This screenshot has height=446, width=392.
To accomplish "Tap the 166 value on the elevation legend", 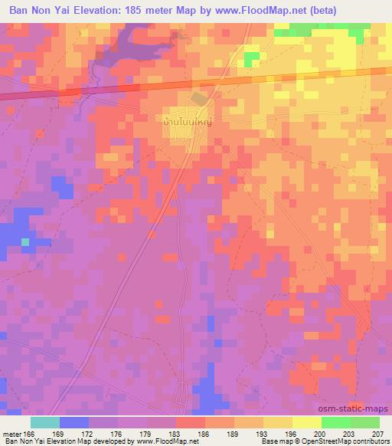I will tap(31, 434).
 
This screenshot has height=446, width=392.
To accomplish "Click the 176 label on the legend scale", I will tap(118, 434).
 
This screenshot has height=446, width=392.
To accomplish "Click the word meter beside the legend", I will tap(11, 434).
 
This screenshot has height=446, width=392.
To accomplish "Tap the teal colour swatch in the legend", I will tap(44, 422).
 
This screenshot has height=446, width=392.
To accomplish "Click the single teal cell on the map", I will tap(25, 242).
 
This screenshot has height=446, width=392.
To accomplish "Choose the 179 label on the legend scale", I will tap(147, 434).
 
